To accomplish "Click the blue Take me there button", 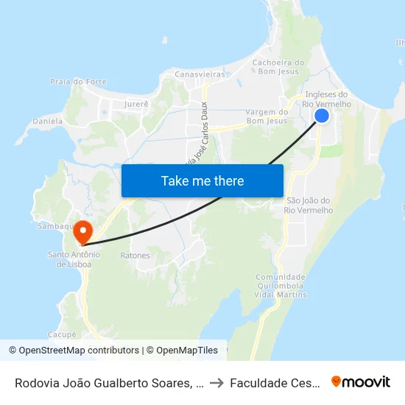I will point(202,180).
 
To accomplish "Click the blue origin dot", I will point(322,116).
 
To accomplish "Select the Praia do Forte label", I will point(72,81).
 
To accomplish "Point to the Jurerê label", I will point(137,105).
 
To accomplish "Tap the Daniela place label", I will point(48,120).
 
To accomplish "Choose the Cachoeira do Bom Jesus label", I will point(278,67).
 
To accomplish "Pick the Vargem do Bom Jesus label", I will point(267,116).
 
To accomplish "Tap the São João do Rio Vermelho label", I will point(309,205).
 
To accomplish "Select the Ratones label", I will point(135,256).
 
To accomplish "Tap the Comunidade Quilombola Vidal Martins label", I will point(281,286).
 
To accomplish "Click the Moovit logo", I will point(361,381).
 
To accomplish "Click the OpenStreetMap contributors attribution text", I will point(76,351).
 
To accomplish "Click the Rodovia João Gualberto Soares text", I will point(104,383).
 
